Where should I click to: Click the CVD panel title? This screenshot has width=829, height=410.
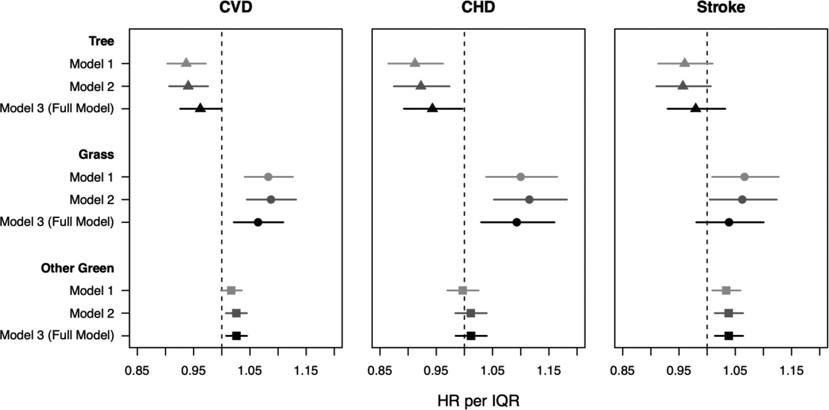[x=236, y=7]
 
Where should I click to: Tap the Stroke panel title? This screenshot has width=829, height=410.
[x=721, y=7]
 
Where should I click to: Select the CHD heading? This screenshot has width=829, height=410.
[x=478, y=7]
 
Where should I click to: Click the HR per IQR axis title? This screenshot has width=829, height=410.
[x=478, y=401]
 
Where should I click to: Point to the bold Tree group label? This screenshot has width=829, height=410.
[x=101, y=41]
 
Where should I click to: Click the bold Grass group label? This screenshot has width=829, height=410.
[x=96, y=154]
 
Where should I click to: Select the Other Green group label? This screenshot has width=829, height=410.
[x=77, y=268]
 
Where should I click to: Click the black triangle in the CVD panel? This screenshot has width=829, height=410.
[x=200, y=108]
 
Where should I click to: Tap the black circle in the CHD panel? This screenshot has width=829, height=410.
[x=517, y=222]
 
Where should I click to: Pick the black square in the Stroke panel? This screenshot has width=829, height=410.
[x=729, y=336]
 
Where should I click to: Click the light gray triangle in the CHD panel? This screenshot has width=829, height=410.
[x=415, y=63]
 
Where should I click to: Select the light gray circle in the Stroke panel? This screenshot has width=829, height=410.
[x=744, y=177]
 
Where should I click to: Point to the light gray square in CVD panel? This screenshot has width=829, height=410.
[x=231, y=290]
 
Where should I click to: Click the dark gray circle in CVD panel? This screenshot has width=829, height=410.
[x=271, y=200]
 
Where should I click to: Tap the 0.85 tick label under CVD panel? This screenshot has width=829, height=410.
[x=137, y=371]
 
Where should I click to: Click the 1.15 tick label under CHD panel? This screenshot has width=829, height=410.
[x=549, y=371]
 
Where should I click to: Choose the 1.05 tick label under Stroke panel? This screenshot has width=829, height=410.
[x=735, y=371]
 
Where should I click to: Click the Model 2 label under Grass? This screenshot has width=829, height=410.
[x=92, y=200]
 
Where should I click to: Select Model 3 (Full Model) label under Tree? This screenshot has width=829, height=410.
[x=57, y=108]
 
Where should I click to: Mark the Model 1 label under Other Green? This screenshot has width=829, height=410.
[x=92, y=291]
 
